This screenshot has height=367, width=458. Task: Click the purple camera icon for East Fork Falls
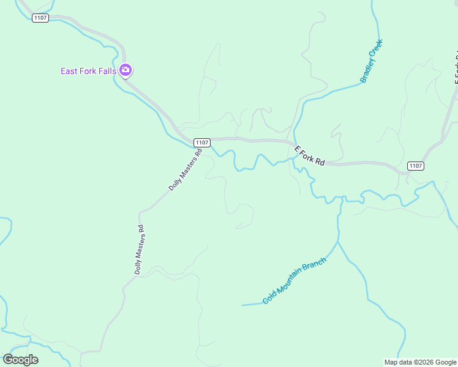pos(126,70)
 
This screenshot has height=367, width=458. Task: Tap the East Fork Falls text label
pos(88,71)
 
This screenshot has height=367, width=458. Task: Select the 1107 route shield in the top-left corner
pos(40,18)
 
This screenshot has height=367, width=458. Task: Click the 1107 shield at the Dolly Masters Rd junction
pos(202,142)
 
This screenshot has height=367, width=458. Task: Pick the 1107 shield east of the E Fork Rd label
pos(416,166)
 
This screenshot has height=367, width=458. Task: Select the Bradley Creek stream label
pos(371,61)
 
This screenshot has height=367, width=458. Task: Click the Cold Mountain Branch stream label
pos(295,280)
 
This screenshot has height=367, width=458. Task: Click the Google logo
pos(20,360)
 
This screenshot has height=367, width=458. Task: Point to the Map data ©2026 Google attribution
pos(420,362)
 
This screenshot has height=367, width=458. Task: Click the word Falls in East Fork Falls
pos(107,71)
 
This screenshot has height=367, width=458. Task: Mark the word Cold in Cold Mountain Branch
pos(269,298)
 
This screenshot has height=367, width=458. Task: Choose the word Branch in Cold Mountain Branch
pos(317,265)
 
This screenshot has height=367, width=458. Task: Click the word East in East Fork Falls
pos(69,71)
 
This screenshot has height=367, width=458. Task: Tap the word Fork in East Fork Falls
pos(87,71)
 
